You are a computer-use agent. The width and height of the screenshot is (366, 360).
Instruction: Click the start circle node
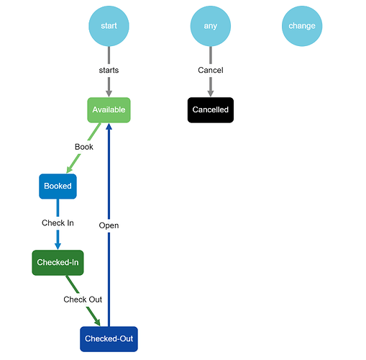(x=109, y=26)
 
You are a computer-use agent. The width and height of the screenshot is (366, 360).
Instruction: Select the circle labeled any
(x=211, y=26)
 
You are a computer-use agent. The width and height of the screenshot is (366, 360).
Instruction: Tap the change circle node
(x=302, y=26)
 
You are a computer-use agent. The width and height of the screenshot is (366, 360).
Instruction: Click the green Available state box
(x=109, y=110)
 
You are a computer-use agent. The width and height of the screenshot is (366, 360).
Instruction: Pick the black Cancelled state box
(x=211, y=110)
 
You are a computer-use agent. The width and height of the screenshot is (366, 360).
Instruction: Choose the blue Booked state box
(x=58, y=186)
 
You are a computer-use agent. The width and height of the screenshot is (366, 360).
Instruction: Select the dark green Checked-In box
(x=58, y=263)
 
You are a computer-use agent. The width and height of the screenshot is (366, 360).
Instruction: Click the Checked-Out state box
(x=109, y=339)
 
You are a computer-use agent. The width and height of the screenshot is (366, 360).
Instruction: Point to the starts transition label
(x=109, y=70)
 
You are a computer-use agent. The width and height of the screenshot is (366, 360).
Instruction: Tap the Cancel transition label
(x=211, y=70)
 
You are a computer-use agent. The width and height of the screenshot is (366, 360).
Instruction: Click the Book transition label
(x=84, y=147)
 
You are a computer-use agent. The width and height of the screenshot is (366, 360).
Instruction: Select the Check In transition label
(x=58, y=223)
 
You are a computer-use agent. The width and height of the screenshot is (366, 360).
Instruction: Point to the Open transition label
(x=109, y=225)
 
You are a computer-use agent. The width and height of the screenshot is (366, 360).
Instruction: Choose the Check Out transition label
(x=83, y=300)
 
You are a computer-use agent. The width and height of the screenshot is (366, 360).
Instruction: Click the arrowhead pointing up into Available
(x=109, y=126)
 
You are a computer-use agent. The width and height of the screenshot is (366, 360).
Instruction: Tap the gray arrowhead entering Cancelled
(x=211, y=94)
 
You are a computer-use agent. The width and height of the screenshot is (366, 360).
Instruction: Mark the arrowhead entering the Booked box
(x=70, y=169)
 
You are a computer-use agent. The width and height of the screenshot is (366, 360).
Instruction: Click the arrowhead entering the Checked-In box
(x=58, y=246)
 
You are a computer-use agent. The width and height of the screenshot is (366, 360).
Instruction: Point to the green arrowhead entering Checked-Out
(x=97, y=323)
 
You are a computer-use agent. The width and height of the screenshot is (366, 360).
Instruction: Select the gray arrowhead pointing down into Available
(x=109, y=94)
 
